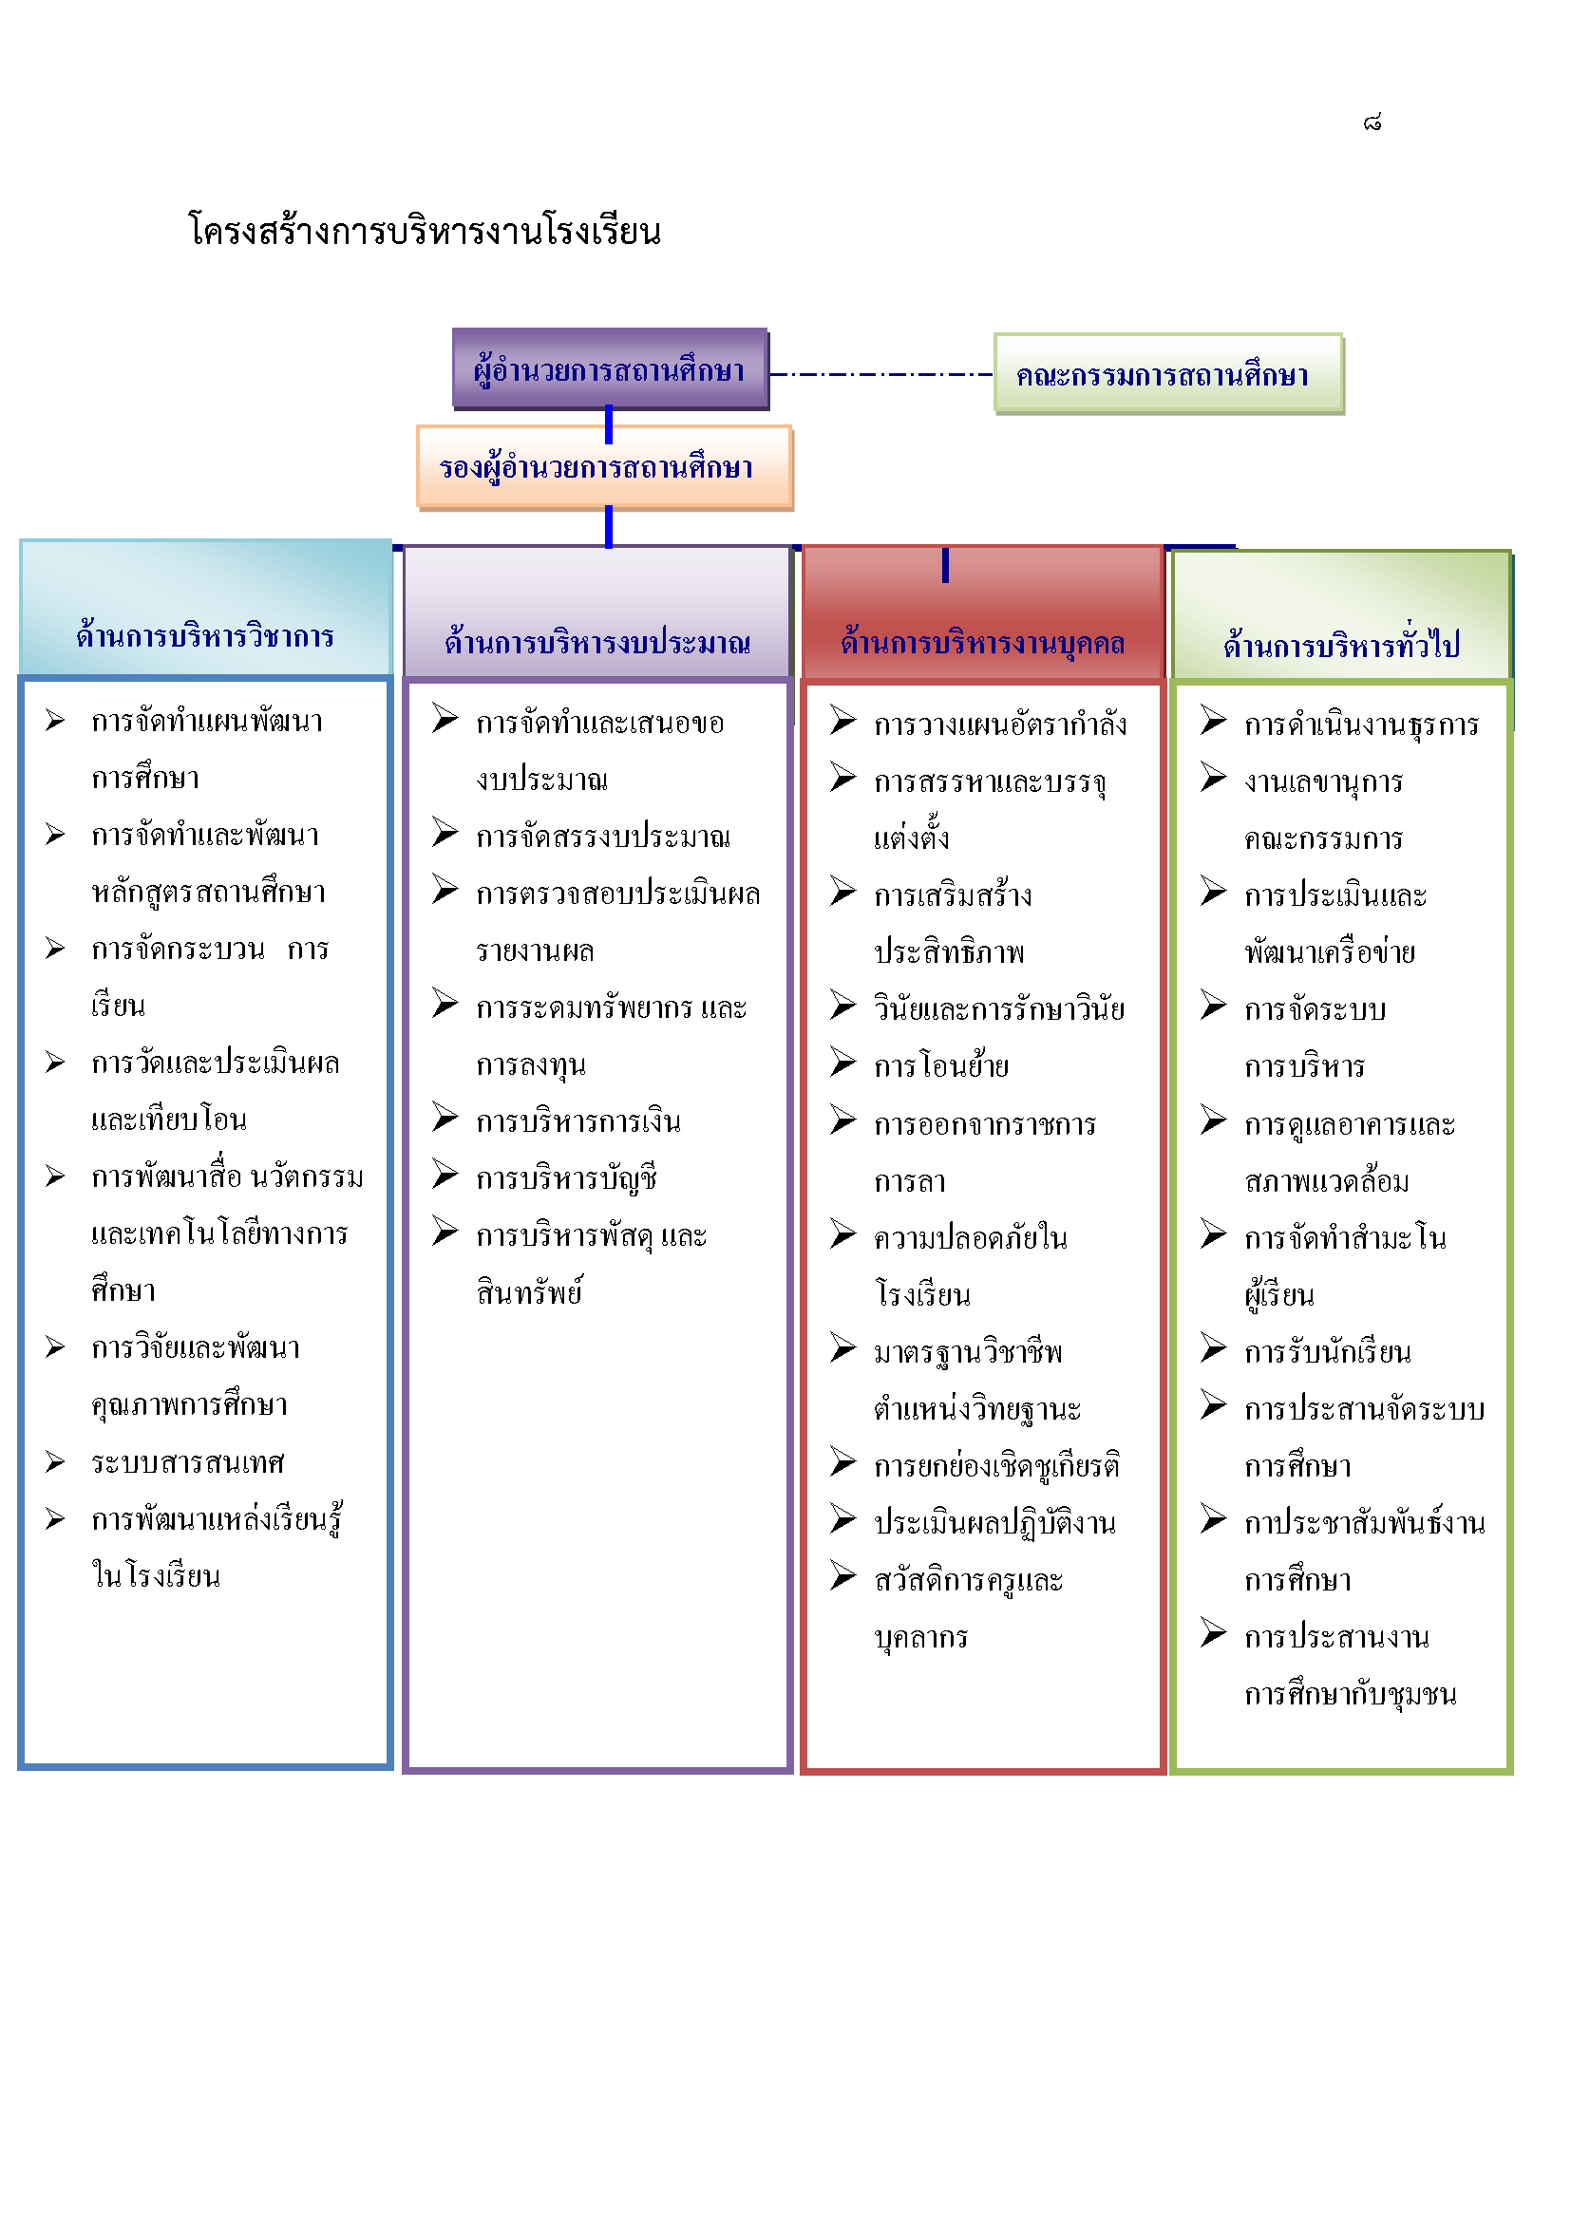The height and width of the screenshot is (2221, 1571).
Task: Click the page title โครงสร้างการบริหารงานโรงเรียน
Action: [424, 231]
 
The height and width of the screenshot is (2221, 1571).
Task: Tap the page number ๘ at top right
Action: [1372, 122]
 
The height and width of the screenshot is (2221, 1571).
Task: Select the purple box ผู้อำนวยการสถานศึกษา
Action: [610, 368]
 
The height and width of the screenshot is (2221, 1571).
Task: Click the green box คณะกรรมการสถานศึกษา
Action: [1168, 374]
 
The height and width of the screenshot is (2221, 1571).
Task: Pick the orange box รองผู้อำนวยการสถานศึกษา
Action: [605, 467]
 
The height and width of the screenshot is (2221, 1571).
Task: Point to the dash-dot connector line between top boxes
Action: [881, 373]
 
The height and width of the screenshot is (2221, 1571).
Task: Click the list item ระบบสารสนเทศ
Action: [188, 1462]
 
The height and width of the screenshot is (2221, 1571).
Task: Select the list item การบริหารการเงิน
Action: [578, 1121]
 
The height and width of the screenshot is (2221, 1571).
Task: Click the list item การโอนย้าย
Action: [941, 1066]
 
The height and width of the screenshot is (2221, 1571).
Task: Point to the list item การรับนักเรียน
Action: [1327, 1351]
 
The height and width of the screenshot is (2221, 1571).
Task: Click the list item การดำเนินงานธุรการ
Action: [1361, 725]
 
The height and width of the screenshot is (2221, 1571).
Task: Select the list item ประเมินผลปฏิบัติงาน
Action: [994, 1522]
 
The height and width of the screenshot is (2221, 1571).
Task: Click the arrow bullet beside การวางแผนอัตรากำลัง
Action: [842, 721]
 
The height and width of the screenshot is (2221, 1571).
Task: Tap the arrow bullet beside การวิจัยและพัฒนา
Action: [55, 1347]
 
